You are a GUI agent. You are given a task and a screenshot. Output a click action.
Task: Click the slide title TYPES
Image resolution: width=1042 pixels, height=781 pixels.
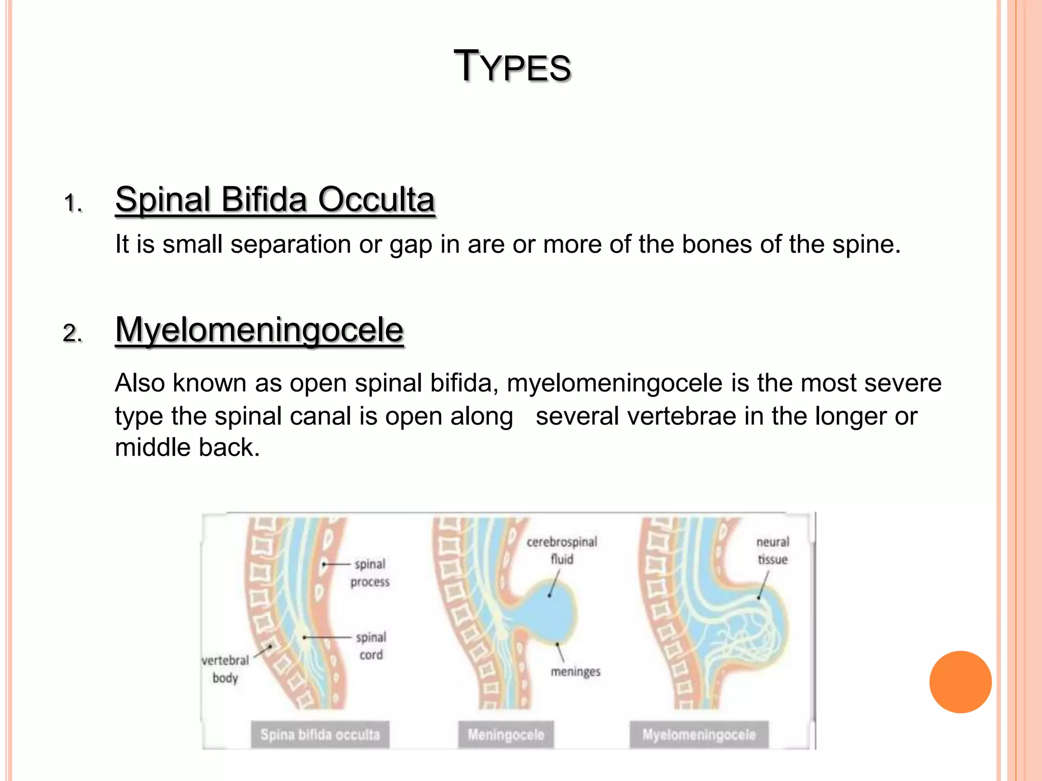(512, 67)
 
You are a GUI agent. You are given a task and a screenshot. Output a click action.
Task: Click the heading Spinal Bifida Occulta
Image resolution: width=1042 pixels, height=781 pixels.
(275, 199)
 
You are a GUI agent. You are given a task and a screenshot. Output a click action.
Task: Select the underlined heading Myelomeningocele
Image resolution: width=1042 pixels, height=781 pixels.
(259, 330)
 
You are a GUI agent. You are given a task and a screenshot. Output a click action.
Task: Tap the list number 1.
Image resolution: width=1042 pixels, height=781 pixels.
(73, 203)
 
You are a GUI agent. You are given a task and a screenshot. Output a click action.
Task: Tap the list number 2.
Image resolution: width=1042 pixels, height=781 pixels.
(72, 334)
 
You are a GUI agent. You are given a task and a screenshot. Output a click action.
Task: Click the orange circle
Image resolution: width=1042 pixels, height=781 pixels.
(960, 682)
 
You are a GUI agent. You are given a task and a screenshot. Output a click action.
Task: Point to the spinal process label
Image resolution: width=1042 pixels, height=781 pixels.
(370, 573)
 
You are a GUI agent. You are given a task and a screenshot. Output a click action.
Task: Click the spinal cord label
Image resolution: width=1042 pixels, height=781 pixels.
(371, 646)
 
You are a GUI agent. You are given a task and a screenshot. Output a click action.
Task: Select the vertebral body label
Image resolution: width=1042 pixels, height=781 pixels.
(225, 669)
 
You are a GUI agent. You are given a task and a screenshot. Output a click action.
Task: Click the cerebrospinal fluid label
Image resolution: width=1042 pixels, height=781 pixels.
(562, 550)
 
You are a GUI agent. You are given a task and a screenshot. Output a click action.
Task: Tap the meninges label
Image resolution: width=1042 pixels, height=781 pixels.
(575, 672)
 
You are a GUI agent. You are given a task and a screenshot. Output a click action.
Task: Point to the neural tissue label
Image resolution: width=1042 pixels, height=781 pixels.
(772, 550)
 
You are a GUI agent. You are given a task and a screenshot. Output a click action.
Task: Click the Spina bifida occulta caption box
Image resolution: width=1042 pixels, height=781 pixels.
(320, 734)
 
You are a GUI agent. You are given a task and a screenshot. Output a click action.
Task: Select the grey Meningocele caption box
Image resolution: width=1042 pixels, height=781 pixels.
(506, 734)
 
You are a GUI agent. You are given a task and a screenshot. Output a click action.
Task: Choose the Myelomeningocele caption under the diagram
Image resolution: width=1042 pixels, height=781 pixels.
(699, 734)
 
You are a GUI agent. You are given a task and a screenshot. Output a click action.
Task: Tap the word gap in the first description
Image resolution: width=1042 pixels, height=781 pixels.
(411, 245)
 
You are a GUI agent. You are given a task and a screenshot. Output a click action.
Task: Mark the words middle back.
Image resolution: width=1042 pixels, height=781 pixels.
(187, 447)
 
